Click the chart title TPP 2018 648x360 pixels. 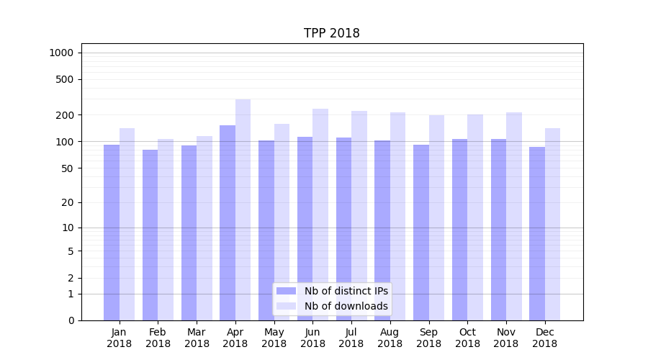331,33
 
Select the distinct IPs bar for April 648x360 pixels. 228,222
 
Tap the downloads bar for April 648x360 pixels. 243,210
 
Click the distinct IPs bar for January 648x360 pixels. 112,233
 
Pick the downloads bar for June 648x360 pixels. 320,215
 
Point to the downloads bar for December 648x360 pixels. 552,224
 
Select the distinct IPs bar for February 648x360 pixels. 150,235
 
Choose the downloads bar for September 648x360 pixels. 436,217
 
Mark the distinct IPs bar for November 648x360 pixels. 498,230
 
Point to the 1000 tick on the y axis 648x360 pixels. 61,53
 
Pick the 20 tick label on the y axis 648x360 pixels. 68,202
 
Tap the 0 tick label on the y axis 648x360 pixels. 71,320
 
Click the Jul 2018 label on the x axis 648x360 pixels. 351,338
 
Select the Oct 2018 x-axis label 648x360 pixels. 467,338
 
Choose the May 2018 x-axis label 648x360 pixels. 274,338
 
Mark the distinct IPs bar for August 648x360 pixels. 382,230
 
